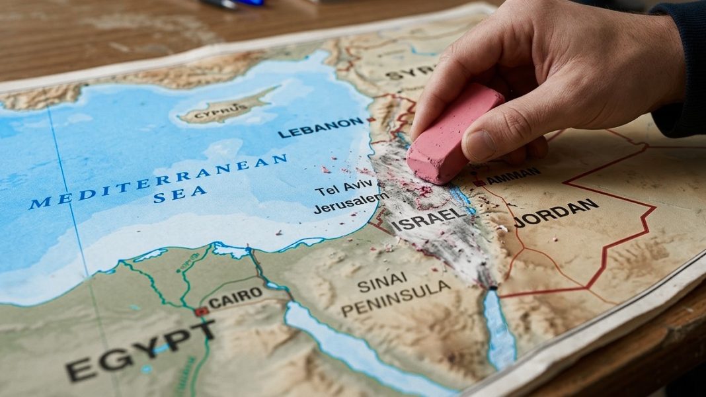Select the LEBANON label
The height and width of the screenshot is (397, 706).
(x=321, y=127)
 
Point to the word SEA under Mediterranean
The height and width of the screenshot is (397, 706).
(x=180, y=195)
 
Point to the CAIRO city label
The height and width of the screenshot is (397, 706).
(x=235, y=298)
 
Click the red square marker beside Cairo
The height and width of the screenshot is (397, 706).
(x=200, y=311)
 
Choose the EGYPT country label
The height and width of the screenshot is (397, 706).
(x=140, y=349)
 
